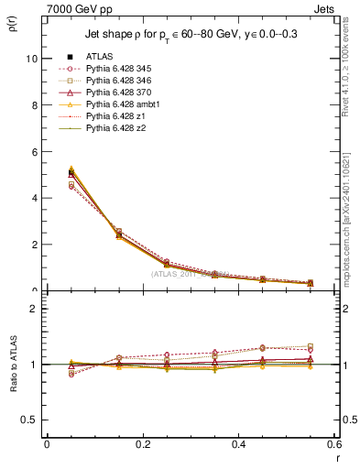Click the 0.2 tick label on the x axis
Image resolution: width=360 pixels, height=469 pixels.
[142, 444]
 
